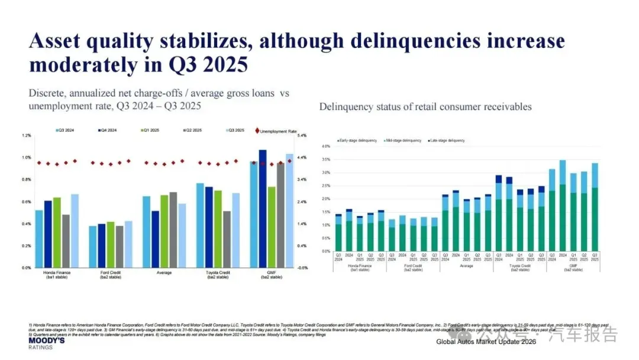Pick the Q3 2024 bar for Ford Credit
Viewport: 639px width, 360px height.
pyautogui.click(x=92, y=246)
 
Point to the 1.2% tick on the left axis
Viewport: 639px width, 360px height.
pyautogui.click(x=27, y=136)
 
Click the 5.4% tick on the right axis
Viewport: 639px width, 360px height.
pyautogui.click(x=301, y=136)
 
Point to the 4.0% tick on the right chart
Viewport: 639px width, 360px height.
pyautogui.click(x=325, y=146)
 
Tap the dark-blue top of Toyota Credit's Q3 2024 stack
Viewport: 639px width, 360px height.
pyautogui.click(x=498, y=178)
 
